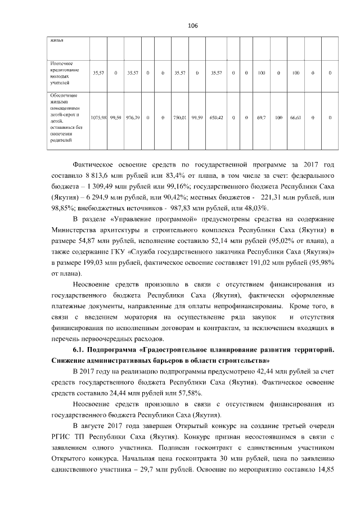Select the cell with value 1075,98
tap(99, 117)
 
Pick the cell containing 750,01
tap(180, 117)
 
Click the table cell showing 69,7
tap(261, 117)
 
